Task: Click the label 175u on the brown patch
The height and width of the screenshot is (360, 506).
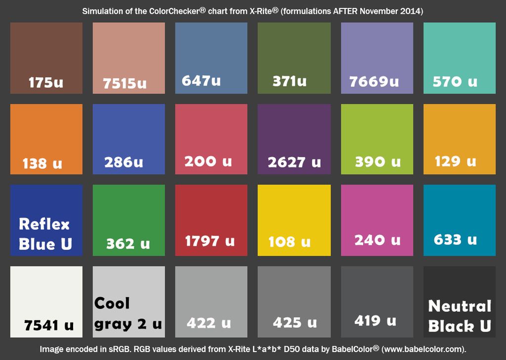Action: point(46,82)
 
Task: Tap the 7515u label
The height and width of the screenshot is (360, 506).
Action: point(125,83)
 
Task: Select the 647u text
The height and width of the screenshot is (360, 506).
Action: point(201,80)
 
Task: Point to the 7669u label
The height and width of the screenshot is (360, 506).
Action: point(374,82)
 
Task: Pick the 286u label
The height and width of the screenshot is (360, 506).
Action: point(124,162)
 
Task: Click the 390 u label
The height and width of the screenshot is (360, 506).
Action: point(378,162)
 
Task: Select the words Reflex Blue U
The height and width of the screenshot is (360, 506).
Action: point(45,234)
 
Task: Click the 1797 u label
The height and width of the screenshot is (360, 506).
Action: point(210,241)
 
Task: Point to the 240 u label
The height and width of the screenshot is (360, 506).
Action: point(377,240)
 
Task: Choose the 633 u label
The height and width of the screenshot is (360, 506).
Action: point(455,240)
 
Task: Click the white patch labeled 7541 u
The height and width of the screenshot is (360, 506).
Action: point(46,297)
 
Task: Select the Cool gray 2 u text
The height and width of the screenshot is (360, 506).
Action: point(127,314)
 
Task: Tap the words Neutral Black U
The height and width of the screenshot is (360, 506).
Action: point(460,316)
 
